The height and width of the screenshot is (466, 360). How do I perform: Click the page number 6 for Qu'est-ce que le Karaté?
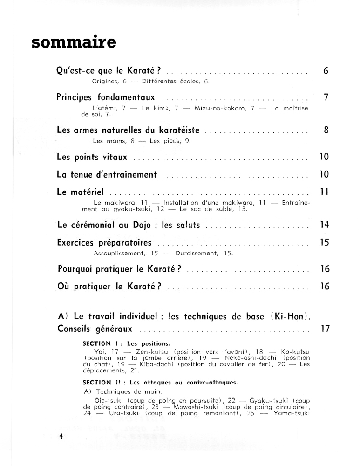[x=326, y=71]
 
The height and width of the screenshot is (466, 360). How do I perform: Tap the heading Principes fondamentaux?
[x=105, y=98]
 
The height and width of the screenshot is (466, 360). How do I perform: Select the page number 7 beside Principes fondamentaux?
[x=326, y=98]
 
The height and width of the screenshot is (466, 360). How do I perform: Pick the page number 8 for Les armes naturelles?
[x=326, y=130]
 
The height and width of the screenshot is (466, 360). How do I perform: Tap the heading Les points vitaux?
[x=92, y=157]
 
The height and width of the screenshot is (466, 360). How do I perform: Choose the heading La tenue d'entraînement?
[x=107, y=175]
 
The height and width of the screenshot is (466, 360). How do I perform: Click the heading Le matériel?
[x=80, y=192]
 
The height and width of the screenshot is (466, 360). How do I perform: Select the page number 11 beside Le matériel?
[x=325, y=192]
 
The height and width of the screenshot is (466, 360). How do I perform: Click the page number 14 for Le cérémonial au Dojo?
[x=325, y=225]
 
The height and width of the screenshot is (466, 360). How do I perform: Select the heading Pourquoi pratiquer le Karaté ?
[x=119, y=269]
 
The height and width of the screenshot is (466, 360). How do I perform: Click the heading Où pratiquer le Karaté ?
[x=109, y=287]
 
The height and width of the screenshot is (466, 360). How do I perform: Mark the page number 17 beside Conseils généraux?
[x=325, y=329]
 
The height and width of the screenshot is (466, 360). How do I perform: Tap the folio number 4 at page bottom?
[x=61, y=437]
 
